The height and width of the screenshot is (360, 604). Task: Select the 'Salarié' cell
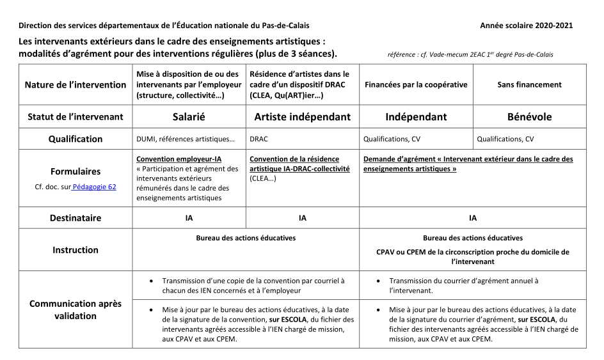[x=189, y=117]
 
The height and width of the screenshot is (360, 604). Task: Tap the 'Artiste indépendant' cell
[x=303, y=117]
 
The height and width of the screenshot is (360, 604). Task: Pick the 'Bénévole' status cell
[x=529, y=117]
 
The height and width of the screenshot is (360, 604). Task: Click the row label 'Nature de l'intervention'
[x=75, y=84]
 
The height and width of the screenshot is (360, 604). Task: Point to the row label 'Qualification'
[x=75, y=139]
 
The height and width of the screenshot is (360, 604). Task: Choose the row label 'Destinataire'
[x=75, y=218]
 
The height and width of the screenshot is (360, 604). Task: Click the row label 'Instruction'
[x=75, y=250]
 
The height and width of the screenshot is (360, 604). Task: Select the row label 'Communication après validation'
[x=75, y=309]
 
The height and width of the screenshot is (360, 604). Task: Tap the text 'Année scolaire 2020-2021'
[x=526, y=26]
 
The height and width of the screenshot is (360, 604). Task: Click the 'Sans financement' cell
[x=529, y=84]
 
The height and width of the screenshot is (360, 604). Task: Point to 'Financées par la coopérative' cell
[x=416, y=84]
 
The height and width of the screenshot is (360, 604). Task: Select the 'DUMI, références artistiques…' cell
[x=186, y=139]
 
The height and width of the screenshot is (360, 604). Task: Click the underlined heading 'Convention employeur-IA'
[x=179, y=159]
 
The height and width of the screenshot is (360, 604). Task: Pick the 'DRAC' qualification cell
[x=258, y=139]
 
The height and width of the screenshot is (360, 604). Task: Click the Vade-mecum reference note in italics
[x=470, y=55]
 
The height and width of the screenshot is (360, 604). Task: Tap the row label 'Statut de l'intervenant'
[x=75, y=117]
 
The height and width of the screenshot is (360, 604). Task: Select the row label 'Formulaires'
[x=75, y=171]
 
